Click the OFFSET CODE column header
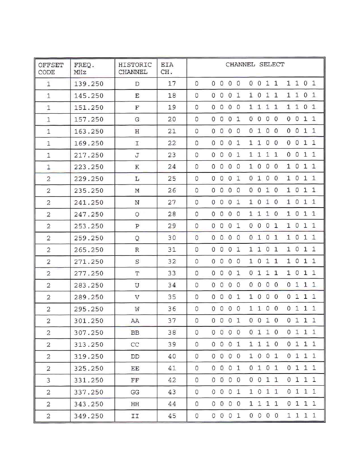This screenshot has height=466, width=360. (51, 68)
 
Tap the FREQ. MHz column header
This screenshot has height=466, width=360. (84, 68)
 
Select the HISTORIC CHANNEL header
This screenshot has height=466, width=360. (135, 68)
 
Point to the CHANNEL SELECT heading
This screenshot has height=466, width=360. (255, 65)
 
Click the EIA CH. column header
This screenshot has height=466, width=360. (167, 68)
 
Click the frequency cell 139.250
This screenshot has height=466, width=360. (89, 84)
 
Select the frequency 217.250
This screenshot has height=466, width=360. (89, 155)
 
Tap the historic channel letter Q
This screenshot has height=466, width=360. (137, 238)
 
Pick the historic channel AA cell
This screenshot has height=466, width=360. (135, 321)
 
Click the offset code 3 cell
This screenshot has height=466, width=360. (48, 380)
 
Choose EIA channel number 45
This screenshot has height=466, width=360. (172, 416)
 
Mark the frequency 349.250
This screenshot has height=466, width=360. (89, 416)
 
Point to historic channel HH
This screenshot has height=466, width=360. (135, 404)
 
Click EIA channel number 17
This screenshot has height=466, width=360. (172, 84)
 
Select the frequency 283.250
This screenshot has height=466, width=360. (89, 285)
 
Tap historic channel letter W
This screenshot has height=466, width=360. (137, 309)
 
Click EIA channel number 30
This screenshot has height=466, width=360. (172, 238)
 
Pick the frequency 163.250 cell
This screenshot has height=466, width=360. (89, 131)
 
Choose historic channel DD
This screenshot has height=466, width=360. (135, 357)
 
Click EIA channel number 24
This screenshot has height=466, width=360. (172, 167)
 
